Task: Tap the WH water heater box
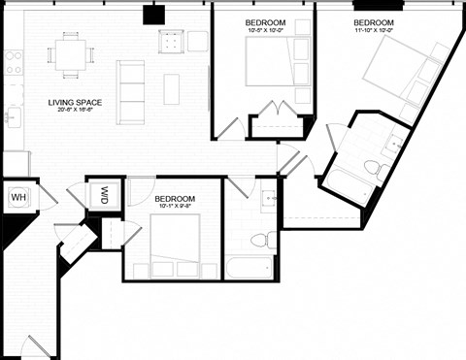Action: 17,198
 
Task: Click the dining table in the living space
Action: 70,54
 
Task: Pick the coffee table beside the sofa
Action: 171,88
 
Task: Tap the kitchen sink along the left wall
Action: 12,118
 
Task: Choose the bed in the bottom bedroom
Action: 175,244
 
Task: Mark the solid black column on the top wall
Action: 153,14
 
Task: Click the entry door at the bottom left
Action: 37,346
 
